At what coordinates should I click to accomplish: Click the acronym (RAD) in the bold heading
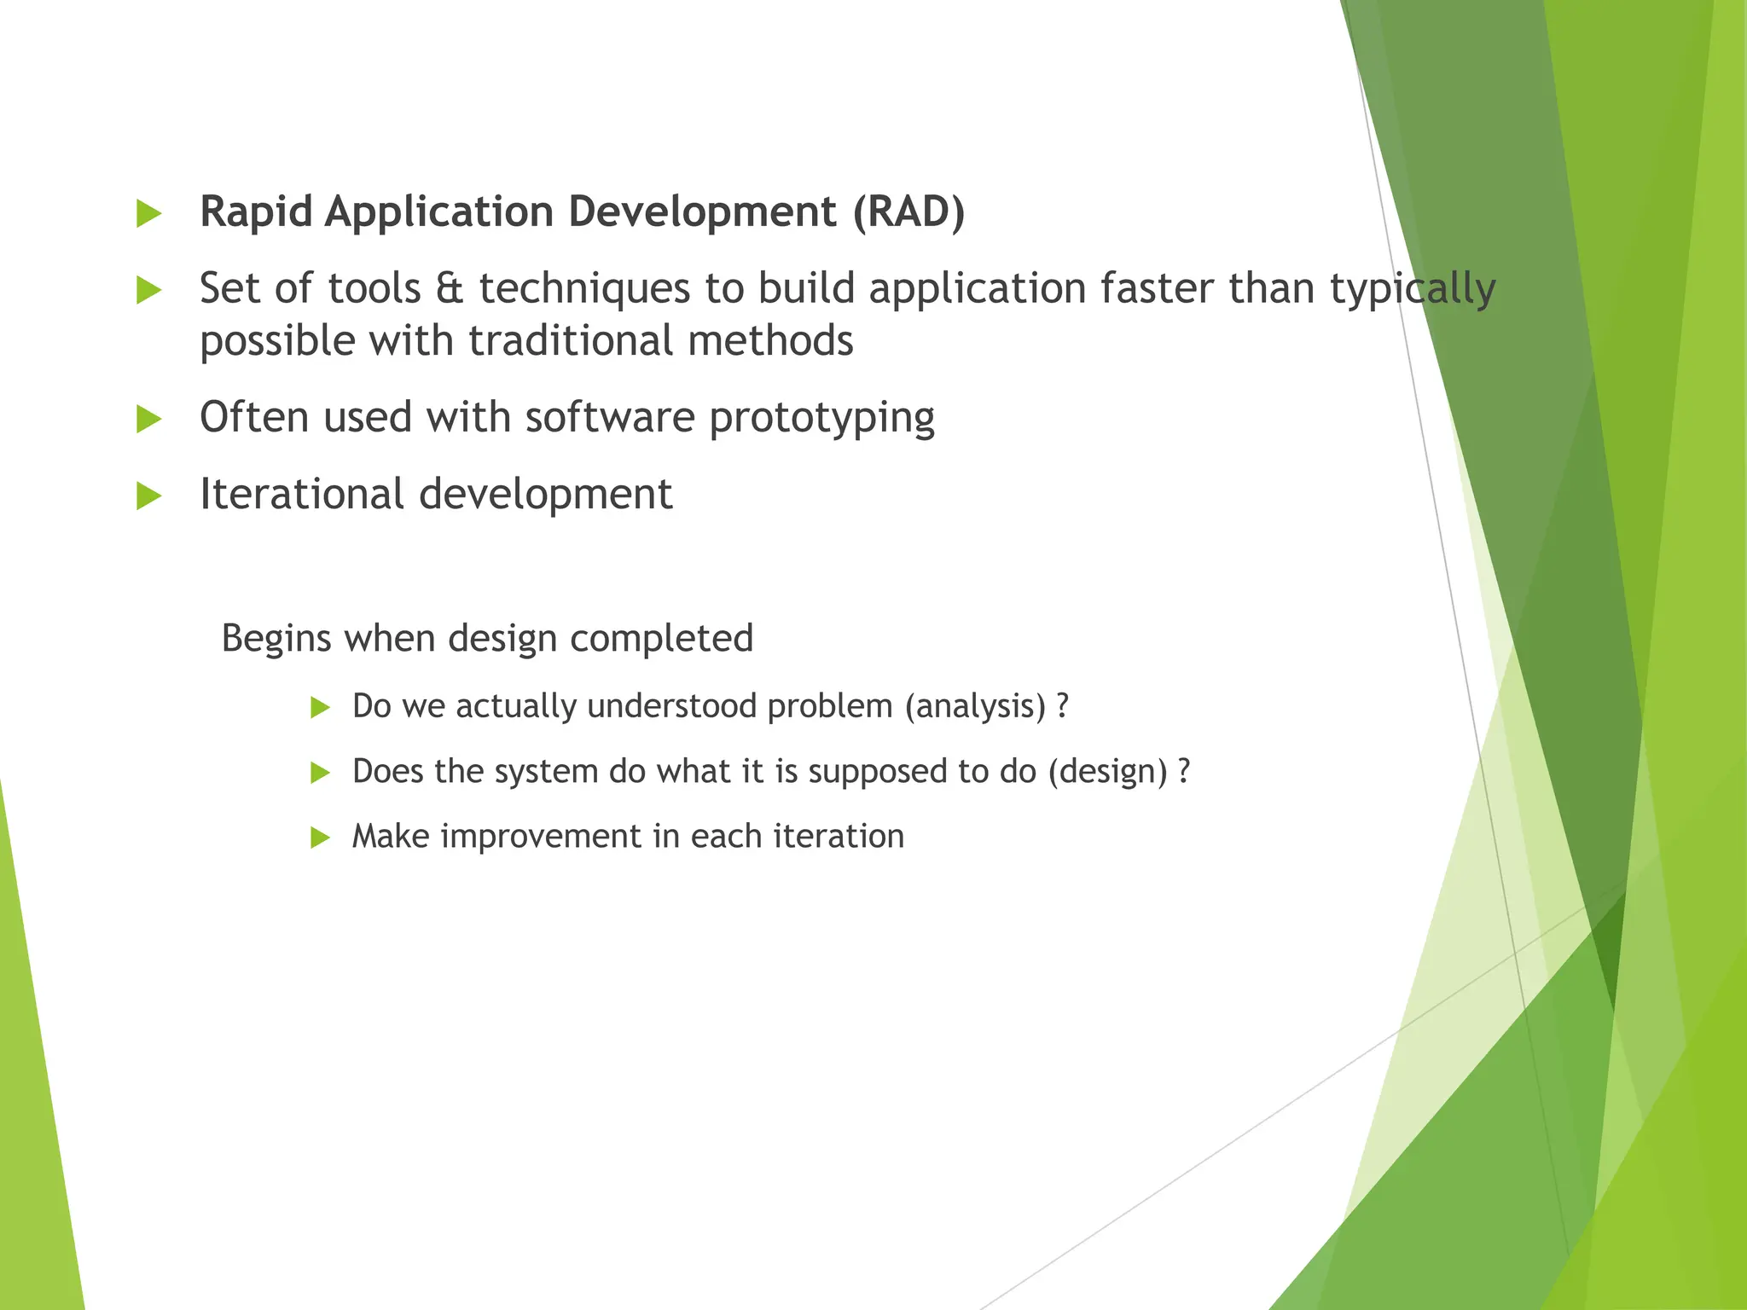point(908,212)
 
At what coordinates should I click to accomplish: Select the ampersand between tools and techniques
point(449,288)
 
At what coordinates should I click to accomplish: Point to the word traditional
point(571,341)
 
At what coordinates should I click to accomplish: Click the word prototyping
point(821,419)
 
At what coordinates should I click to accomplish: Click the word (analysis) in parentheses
point(975,707)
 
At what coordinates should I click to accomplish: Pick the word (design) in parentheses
point(1107,772)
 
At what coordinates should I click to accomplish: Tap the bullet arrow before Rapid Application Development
point(148,213)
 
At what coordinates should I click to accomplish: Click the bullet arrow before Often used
point(148,419)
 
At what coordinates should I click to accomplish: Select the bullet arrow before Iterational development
point(148,496)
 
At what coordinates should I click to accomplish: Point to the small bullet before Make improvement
point(320,838)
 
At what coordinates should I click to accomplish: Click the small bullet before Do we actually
point(320,707)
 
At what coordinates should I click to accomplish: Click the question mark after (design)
point(1183,771)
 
